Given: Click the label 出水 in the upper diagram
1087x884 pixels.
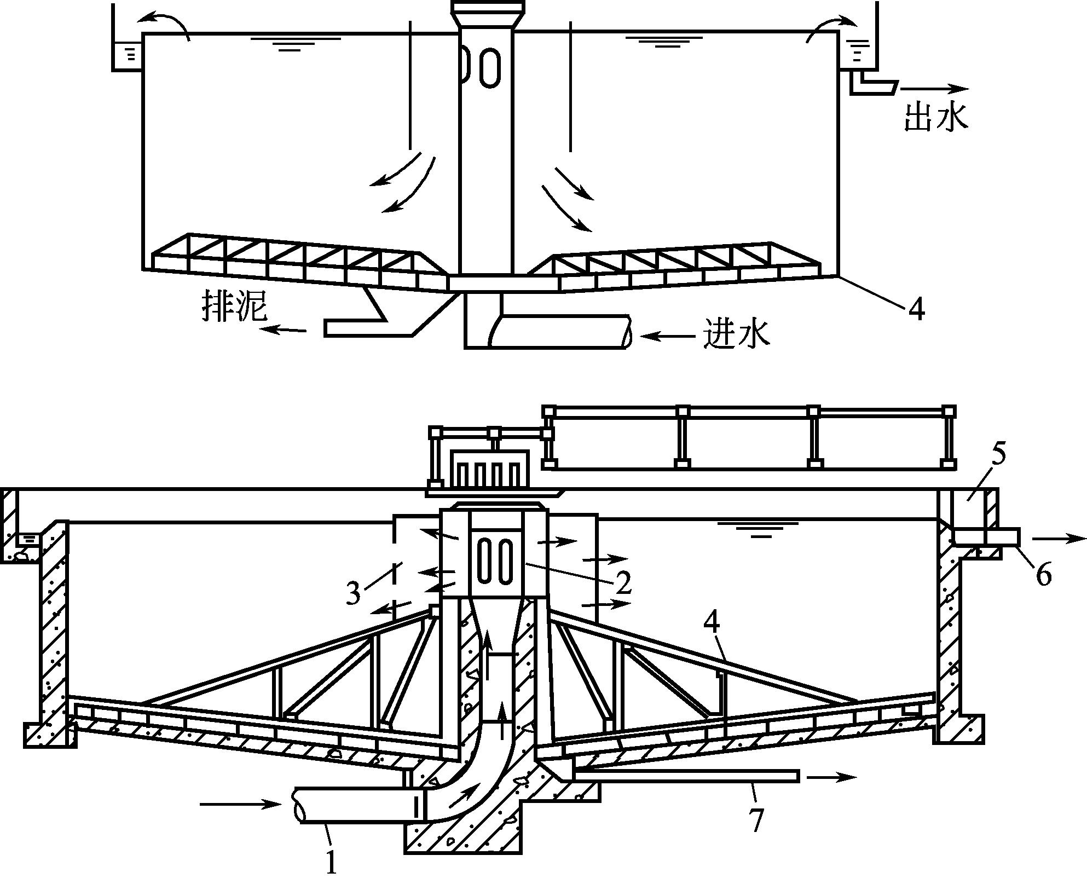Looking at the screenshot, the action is coord(935,117).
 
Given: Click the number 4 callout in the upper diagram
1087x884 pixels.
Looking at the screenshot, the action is coord(916,310).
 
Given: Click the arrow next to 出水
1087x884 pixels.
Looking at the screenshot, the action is coord(934,88).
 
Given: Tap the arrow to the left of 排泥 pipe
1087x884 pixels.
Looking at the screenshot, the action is coord(283,329).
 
